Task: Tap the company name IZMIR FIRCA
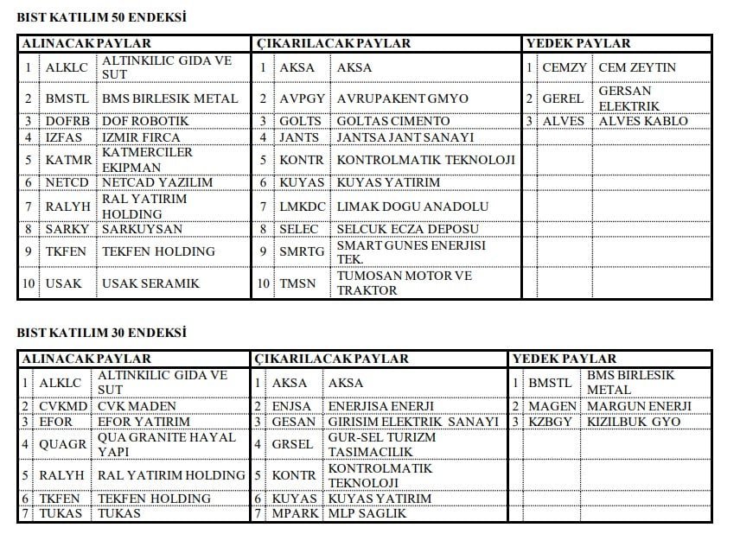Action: [x=141, y=137]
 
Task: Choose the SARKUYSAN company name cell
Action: [x=142, y=229]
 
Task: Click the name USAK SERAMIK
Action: [x=151, y=283]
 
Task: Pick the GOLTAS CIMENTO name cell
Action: [x=393, y=121]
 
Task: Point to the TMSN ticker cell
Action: [x=298, y=283]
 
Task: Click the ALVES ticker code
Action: [x=564, y=121]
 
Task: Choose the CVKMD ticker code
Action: [x=63, y=406]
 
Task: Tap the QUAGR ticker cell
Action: [x=63, y=445]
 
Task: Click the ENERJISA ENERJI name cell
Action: [x=380, y=406]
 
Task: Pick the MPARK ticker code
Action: [x=296, y=514]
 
